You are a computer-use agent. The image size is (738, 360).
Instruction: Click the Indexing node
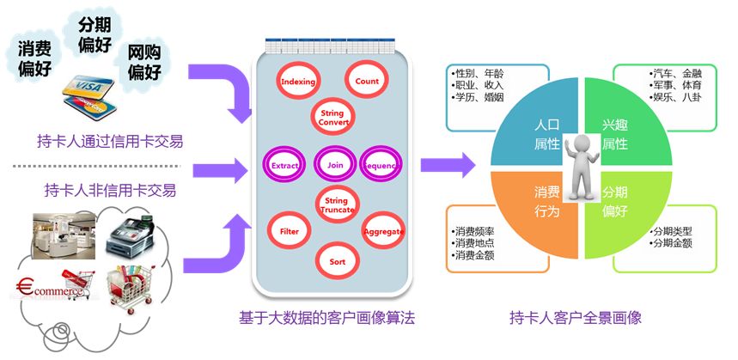298,82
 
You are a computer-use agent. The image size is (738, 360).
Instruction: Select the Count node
367,82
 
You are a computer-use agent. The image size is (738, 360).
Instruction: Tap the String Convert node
332,119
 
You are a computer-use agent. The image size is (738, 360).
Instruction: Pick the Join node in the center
332,163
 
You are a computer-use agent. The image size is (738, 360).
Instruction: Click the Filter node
290,231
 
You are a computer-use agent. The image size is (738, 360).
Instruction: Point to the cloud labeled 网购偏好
145,63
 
